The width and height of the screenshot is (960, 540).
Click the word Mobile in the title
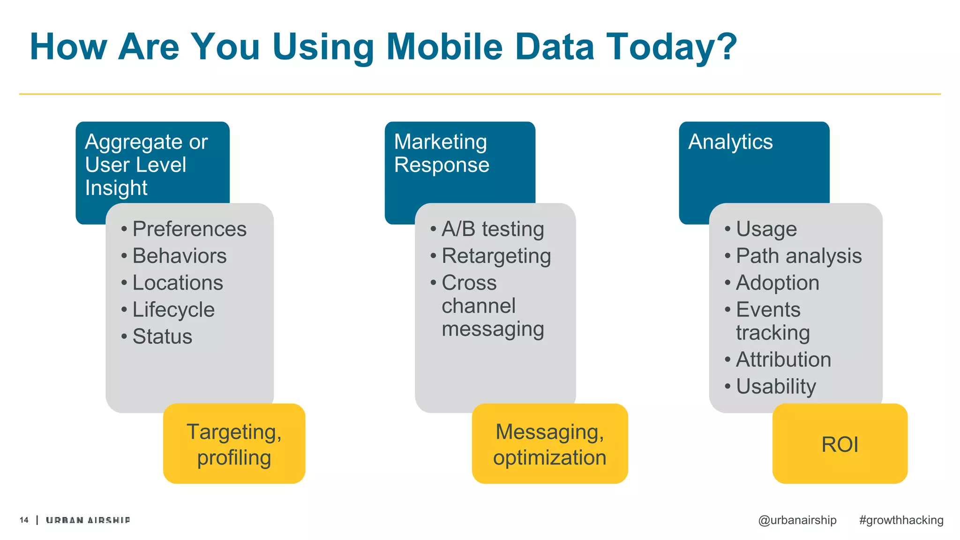pos(444,47)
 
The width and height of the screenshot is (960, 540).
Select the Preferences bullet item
pos(189,229)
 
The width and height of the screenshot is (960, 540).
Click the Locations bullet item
pos(178,283)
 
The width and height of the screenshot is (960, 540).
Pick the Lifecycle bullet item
pos(173,310)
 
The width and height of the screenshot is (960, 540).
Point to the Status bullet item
pos(162,337)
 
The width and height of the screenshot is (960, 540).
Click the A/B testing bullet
pos(492,229)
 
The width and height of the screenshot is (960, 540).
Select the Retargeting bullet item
pos(496,256)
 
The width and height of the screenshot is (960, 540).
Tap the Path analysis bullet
pos(798,256)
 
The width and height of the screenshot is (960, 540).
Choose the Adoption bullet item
pos(777,283)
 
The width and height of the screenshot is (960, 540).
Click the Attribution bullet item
pos(783,360)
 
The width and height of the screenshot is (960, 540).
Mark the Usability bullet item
pos(776,387)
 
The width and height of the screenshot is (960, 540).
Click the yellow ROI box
pos(840,443)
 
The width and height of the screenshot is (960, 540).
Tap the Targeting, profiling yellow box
pos(234,443)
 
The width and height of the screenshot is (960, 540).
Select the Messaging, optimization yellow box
pos(549,443)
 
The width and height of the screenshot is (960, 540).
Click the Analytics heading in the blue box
pos(730,142)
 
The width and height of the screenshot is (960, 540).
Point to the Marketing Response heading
pos(441,153)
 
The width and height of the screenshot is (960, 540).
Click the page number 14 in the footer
pos(24,520)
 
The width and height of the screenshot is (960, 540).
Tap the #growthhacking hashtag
pos(901,520)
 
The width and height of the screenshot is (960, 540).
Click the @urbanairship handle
pos(797,520)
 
